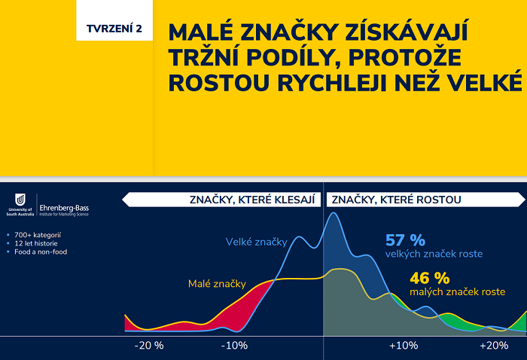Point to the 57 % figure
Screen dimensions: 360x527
pos(405,241)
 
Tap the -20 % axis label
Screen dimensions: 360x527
pos(148,346)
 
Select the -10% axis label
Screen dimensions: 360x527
pos(235,346)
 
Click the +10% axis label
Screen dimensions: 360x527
pos(403,346)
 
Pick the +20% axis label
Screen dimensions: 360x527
pos(493,346)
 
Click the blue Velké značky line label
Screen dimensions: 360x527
pos(256,242)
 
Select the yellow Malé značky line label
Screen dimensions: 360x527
pos(217,284)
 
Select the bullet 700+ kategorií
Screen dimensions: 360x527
pos(38,235)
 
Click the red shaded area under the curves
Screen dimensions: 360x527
pos(241,309)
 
